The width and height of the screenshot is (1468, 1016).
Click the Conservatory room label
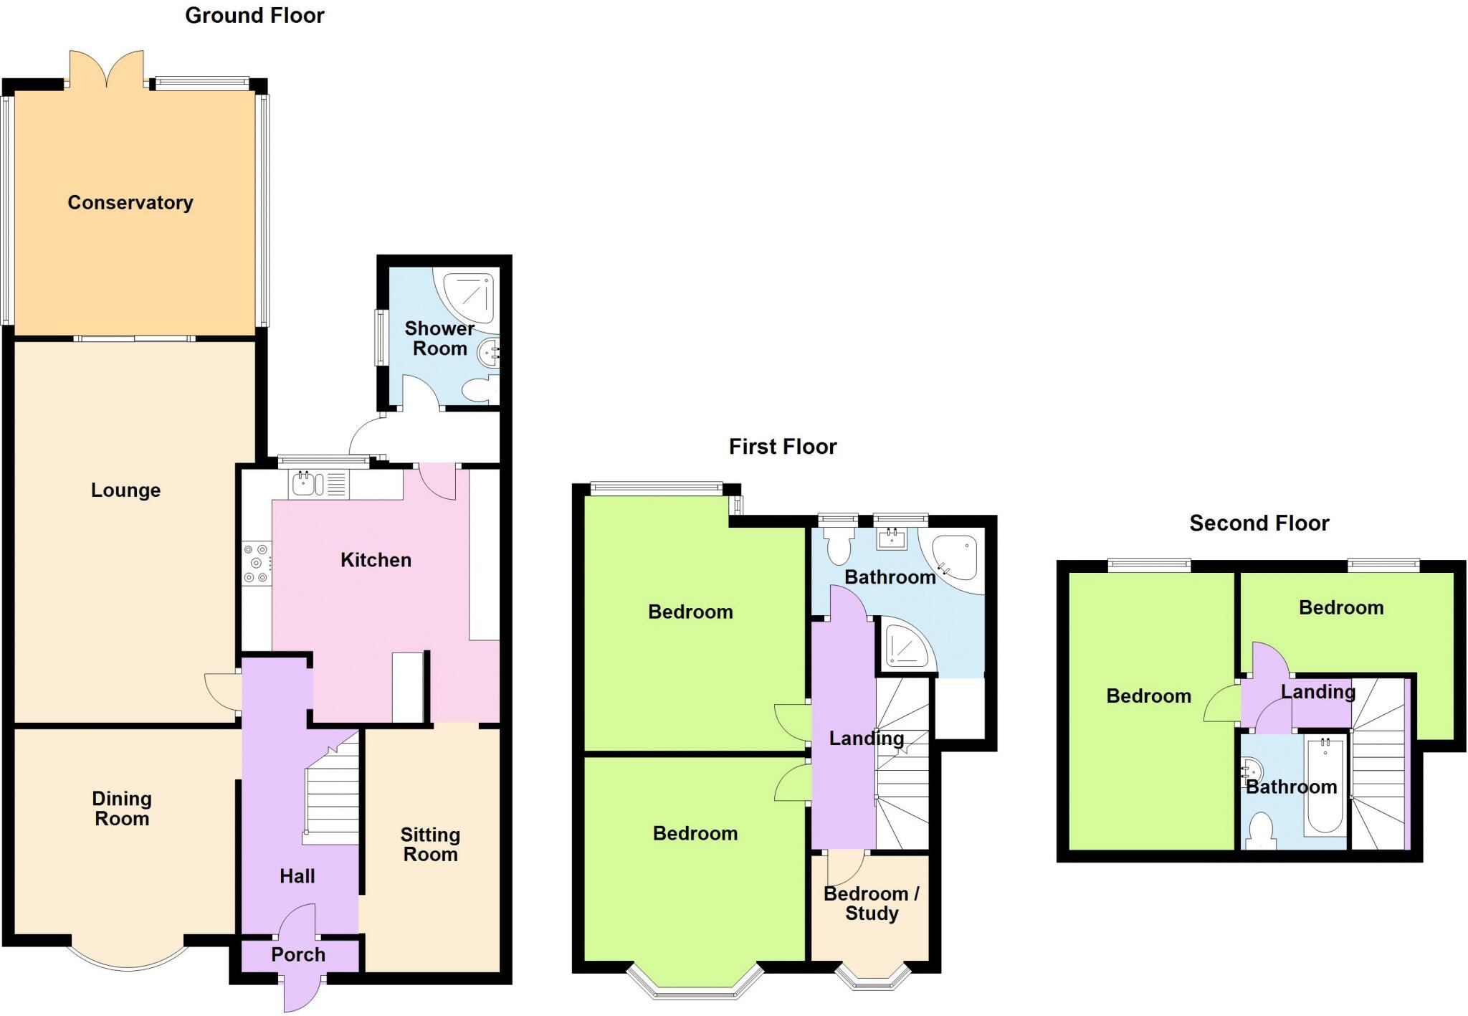(130, 203)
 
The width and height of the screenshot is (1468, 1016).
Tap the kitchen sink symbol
(305, 484)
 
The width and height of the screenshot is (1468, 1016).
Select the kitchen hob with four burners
(257, 564)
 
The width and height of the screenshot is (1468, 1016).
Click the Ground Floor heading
(254, 16)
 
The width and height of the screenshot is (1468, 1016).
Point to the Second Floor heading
(1259, 523)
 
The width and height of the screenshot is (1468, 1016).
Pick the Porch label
(298, 955)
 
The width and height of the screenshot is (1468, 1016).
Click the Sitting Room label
(430, 845)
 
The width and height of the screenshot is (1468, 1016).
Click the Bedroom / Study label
(872, 903)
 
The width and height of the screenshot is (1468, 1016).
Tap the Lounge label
(125, 490)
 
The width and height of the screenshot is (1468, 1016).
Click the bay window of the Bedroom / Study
(873, 979)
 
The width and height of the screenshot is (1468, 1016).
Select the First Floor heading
(783, 447)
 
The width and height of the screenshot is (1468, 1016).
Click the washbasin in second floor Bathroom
(1252, 773)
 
